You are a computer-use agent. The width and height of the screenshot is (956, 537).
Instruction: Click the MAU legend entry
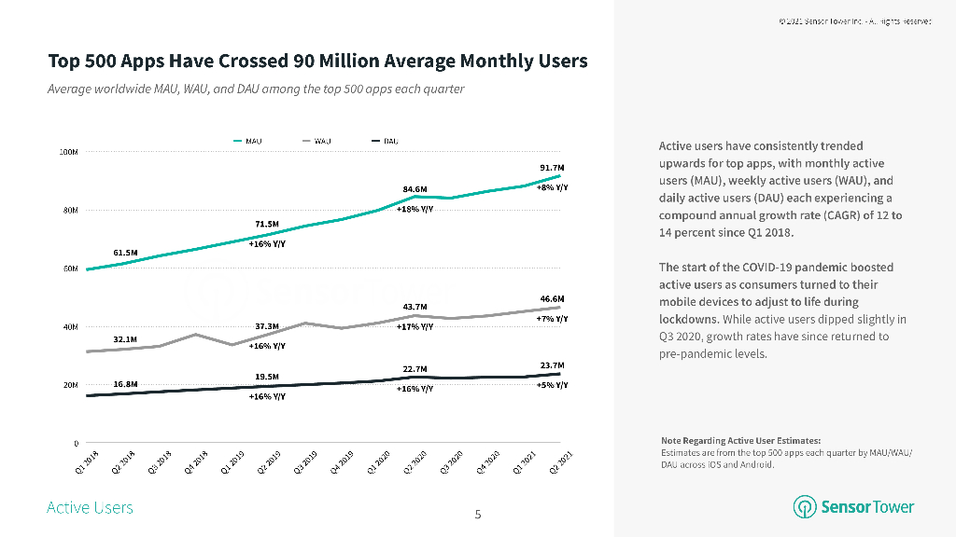tap(246, 141)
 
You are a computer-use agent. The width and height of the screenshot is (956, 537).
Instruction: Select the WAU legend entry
tap(316, 141)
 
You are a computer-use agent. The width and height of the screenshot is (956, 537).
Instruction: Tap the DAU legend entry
tap(385, 141)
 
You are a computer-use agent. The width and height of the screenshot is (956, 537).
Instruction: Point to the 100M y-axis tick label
tap(69, 151)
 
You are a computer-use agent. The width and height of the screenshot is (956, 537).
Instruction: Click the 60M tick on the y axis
tap(71, 268)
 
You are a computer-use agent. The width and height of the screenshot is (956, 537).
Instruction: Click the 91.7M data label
tap(552, 168)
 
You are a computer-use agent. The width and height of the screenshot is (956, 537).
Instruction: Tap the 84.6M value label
tap(415, 189)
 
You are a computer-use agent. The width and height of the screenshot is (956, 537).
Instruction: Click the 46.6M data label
tap(552, 299)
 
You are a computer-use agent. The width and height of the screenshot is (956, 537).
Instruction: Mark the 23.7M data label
tap(552, 365)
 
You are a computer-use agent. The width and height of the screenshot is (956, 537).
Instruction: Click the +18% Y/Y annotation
tap(415, 210)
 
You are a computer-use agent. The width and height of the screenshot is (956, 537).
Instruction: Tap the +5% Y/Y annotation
tap(552, 385)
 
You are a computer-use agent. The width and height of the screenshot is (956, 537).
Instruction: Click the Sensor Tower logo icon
tap(805, 507)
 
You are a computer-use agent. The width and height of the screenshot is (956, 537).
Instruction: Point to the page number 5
tap(478, 515)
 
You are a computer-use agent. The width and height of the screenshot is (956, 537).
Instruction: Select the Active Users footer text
tap(90, 508)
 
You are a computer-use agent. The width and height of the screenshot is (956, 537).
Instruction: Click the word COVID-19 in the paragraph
tap(759, 268)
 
